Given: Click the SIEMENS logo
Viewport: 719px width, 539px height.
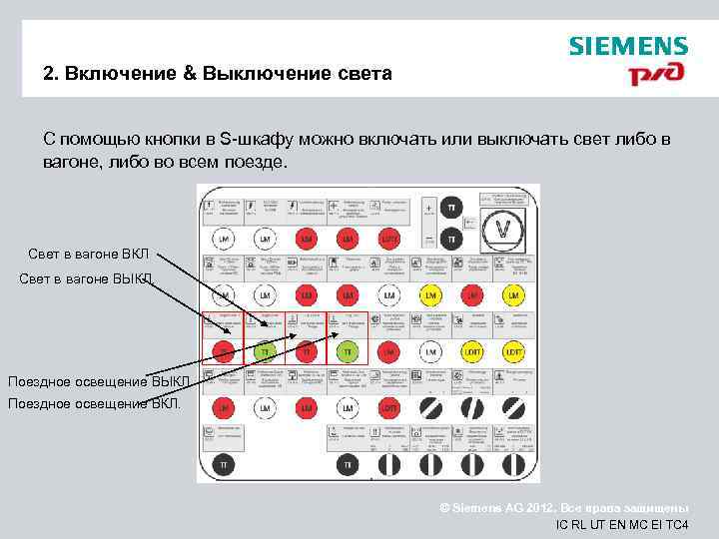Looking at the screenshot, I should click(x=628, y=46).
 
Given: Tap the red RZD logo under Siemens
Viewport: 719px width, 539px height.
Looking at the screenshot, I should click(x=655, y=76).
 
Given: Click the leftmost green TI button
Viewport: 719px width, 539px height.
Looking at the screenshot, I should click(x=265, y=352).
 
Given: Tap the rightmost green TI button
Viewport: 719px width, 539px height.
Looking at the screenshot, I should click(x=348, y=352).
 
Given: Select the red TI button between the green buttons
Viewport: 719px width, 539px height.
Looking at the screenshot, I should click(x=307, y=352).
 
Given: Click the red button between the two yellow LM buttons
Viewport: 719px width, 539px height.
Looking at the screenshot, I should click(x=471, y=296).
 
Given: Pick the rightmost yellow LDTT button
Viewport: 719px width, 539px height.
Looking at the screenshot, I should click(x=513, y=352).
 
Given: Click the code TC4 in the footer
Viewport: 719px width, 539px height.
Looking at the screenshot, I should click(x=677, y=525).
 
